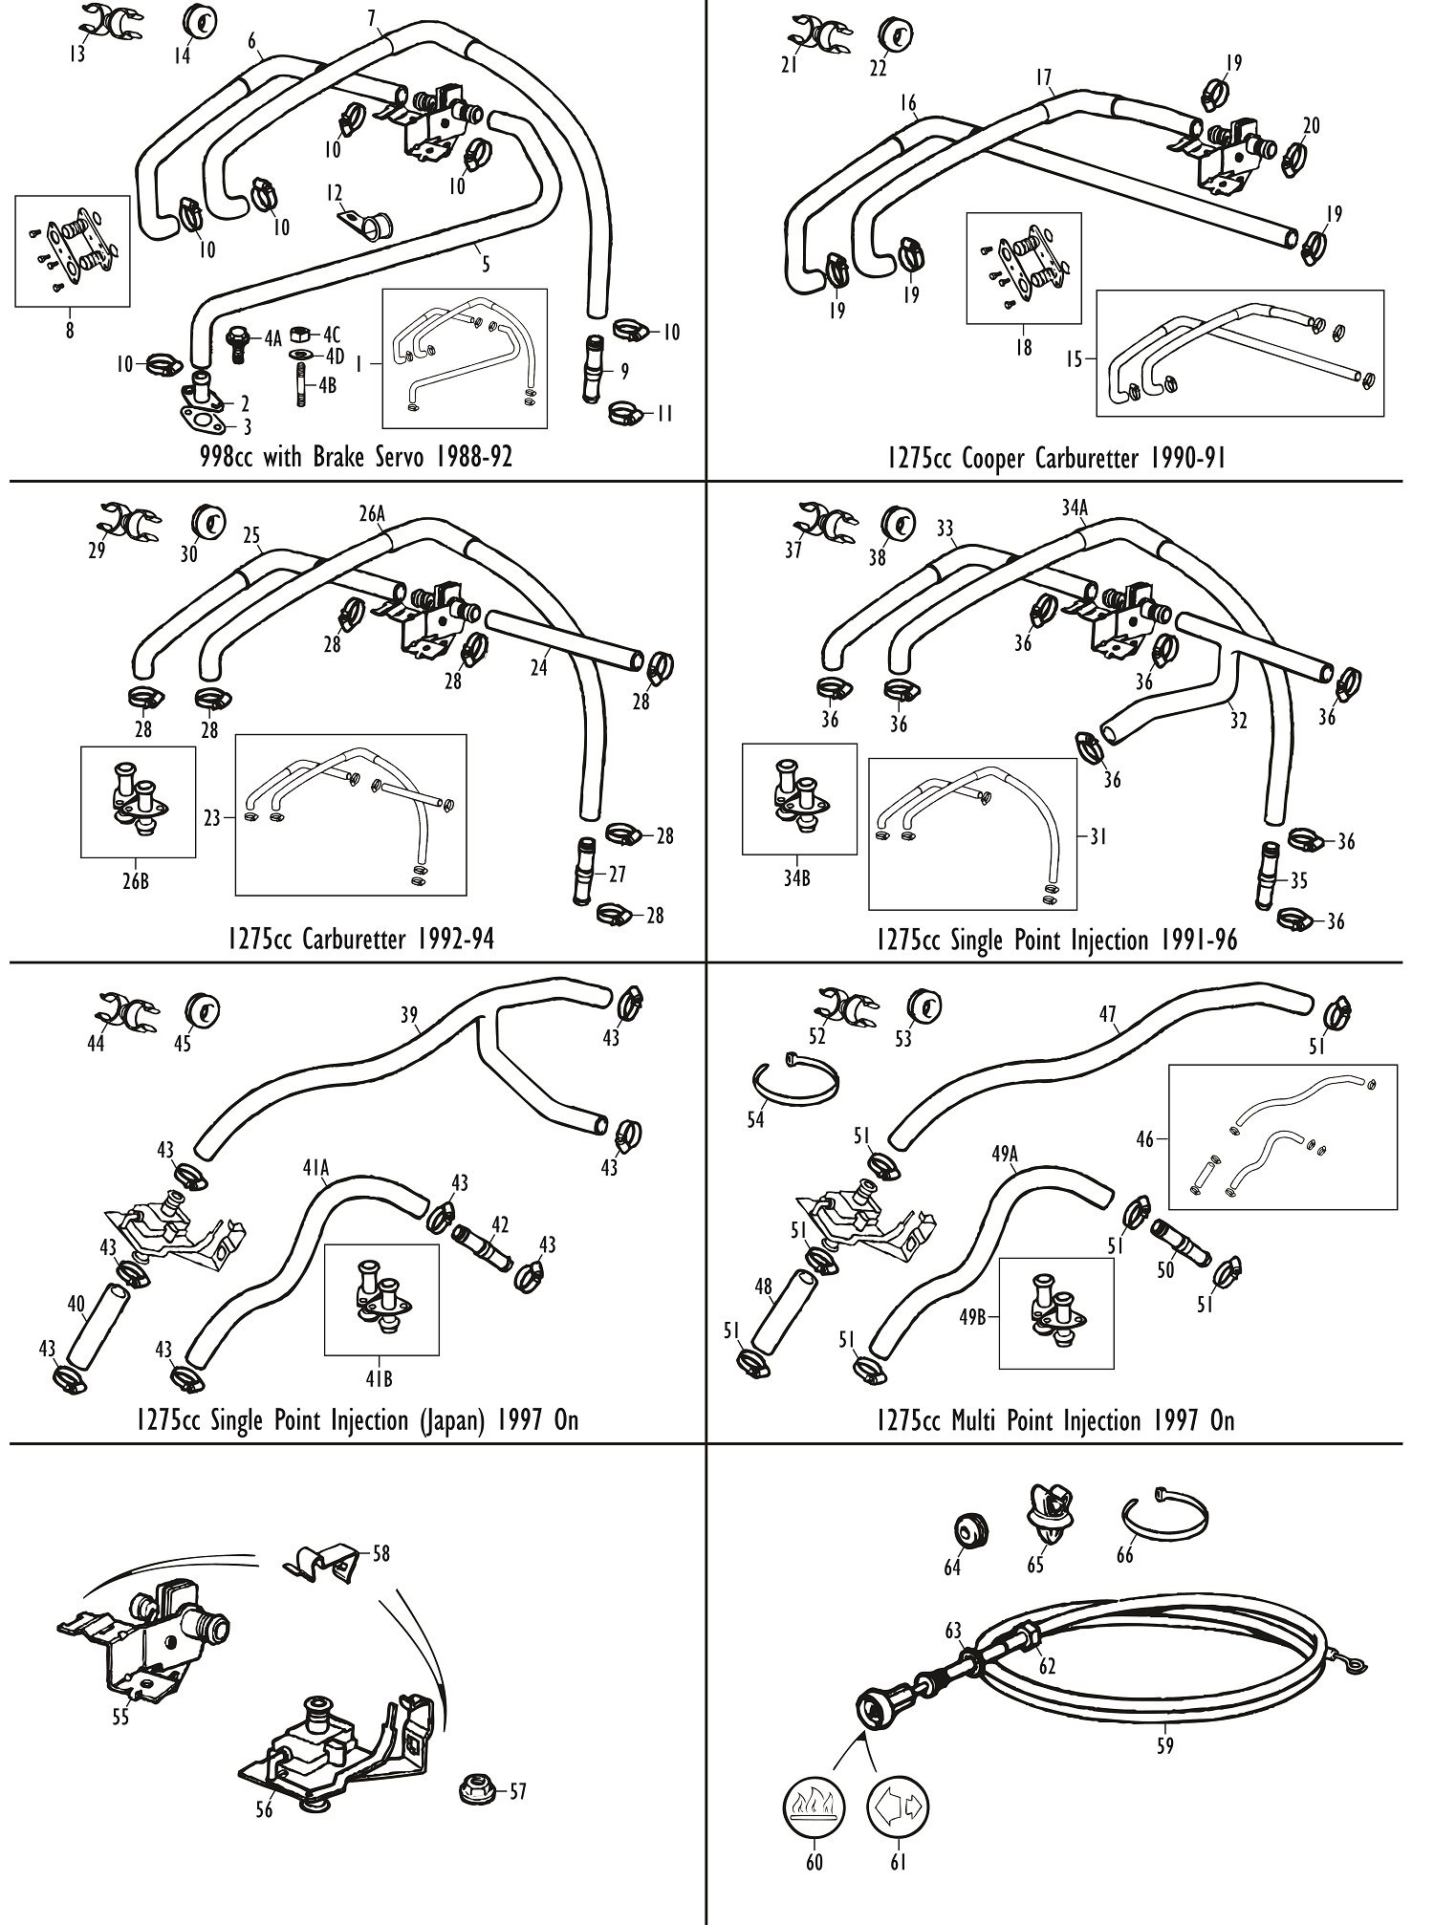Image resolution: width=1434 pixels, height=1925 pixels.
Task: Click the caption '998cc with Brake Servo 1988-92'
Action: tap(356, 456)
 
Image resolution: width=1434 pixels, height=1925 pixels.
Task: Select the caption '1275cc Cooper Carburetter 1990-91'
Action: tap(1054, 458)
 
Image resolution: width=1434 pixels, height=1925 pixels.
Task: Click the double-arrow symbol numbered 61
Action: tap(898, 1806)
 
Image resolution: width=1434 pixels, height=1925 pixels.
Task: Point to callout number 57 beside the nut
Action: tap(517, 1791)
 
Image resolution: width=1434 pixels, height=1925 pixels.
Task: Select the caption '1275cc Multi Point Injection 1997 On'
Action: tap(1054, 1420)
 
